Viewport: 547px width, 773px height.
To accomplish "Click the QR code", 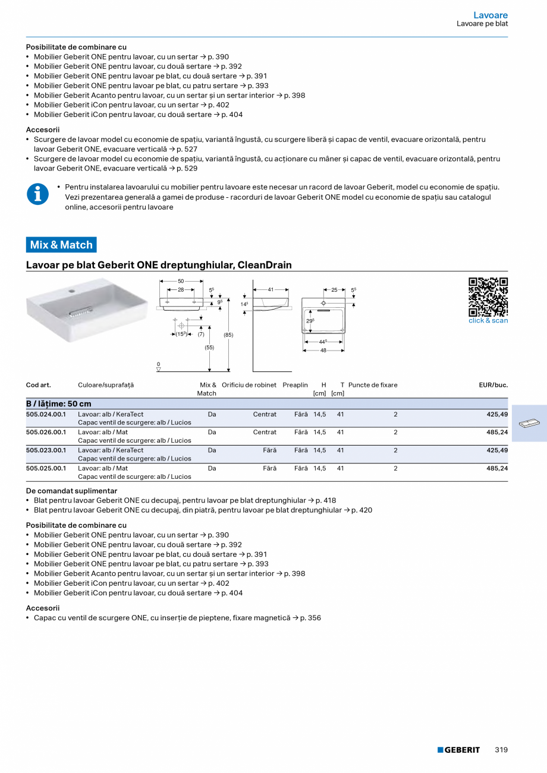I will point(488,296).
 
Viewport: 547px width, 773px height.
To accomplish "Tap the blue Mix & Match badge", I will point(61,245).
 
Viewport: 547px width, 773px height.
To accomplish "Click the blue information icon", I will point(37,194).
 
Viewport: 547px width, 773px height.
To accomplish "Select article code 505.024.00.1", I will point(46,415).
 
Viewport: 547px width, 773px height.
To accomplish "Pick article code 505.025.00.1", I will point(46,468).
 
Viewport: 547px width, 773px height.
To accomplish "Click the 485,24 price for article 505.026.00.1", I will point(497,433).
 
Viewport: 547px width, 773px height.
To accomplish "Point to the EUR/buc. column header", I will point(493,385).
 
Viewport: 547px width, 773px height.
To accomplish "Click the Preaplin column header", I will point(295,385).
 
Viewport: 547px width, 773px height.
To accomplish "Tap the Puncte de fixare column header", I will point(373,385).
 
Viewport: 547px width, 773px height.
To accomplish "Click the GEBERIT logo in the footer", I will point(458,750).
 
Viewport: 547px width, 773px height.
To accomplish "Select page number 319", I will point(501,750).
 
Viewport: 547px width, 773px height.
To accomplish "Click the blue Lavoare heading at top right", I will point(491,15).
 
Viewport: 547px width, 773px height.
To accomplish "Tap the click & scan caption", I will point(488,321).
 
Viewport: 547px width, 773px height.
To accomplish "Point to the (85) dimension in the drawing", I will point(228,335).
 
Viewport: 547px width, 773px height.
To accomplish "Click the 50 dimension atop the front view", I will point(181,281).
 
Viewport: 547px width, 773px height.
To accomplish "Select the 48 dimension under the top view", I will point(323,351).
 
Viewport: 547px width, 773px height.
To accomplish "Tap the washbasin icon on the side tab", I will point(529,424).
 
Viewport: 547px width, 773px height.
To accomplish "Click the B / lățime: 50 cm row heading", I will point(59,404).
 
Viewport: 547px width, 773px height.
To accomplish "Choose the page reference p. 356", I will point(310,618).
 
